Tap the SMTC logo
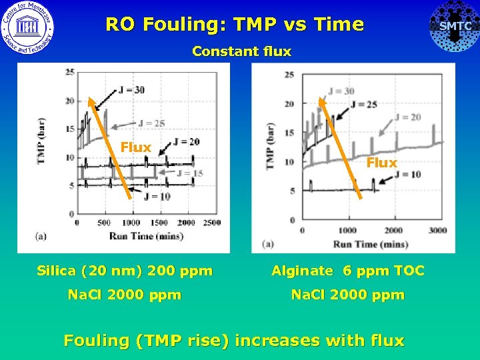[x=455, y=26]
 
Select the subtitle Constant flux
[x=241, y=51]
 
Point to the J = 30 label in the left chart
[x=131, y=90]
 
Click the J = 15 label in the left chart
[x=190, y=173]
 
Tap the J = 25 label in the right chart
[x=363, y=104]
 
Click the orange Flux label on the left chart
[x=135, y=147]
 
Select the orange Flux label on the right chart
[x=381, y=163]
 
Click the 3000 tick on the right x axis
[x=437, y=230]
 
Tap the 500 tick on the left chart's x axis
[x=105, y=222]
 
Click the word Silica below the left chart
[x=56, y=271]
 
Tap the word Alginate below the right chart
[x=301, y=271]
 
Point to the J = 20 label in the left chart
[x=186, y=141]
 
